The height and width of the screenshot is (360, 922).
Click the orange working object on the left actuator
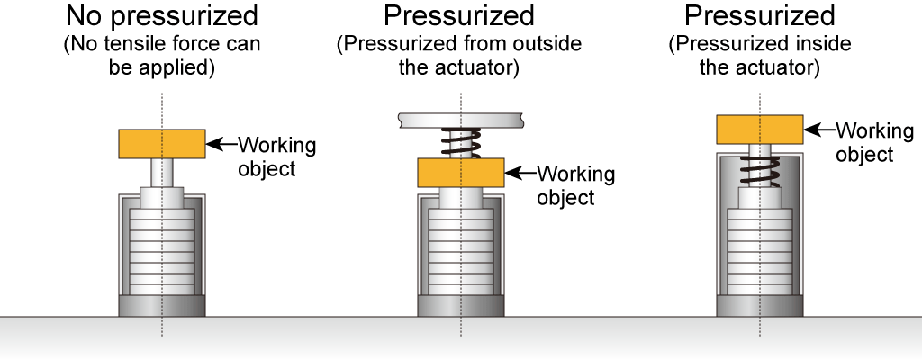click(x=162, y=142)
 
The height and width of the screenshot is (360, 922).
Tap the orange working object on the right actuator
click(x=760, y=130)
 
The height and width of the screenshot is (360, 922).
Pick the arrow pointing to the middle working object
click(x=520, y=172)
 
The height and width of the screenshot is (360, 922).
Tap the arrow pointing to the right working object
click(x=819, y=130)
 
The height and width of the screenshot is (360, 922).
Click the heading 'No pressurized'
click(x=161, y=15)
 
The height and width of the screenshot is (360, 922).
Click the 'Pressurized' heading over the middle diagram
click(x=459, y=15)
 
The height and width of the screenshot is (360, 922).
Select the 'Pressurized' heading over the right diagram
click(x=759, y=15)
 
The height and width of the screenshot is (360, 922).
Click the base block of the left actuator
click(x=162, y=305)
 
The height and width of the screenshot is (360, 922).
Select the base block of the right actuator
click(x=760, y=305)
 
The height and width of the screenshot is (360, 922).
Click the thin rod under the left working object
click(x=162, y=172)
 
